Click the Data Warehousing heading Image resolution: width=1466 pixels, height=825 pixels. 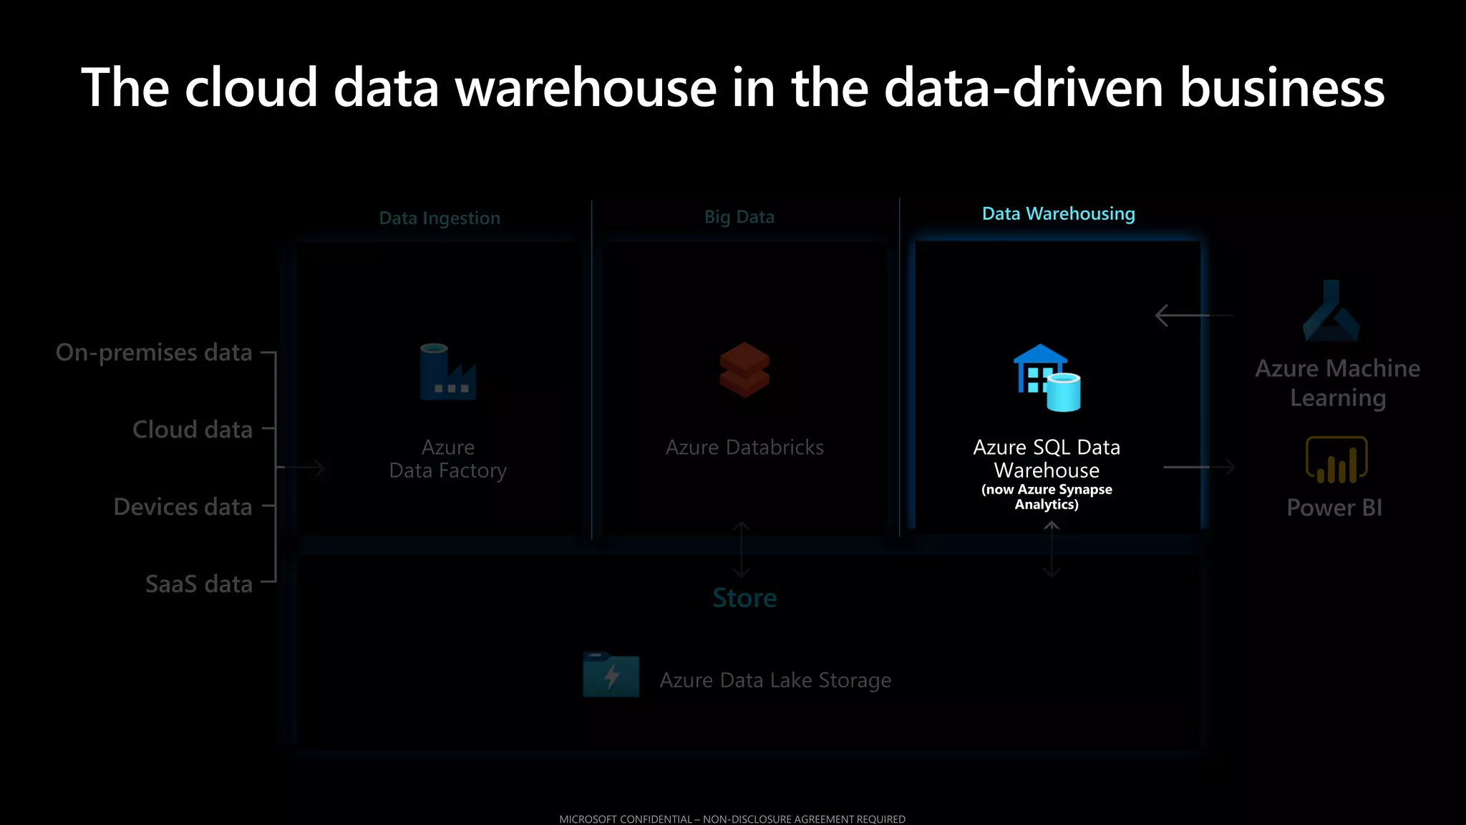tap(1058, 213)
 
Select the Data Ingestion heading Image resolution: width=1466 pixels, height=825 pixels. tap(440, 218)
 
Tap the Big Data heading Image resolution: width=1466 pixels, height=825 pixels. tap(739, 216)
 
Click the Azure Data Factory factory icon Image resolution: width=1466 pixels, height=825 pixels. tap(447, 372)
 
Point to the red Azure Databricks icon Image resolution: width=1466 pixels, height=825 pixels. tap(744, 370)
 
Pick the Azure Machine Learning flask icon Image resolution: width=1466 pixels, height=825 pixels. tap(1331, 312)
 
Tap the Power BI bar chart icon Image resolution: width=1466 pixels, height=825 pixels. tap(1336, 460)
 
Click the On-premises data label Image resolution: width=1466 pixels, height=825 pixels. tap(154, 352)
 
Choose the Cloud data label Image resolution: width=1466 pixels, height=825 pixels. tap(193, 429)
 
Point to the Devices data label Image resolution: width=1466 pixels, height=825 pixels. tap(183, 506)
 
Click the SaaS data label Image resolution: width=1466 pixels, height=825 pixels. tap(199, 584)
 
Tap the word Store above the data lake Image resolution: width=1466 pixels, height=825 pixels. tap(744, 597)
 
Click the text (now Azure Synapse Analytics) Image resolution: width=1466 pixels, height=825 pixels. tap(1047, 496)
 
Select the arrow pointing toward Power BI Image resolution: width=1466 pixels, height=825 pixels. tap(1199, 467)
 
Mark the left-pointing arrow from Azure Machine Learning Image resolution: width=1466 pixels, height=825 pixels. tap(1193, 315)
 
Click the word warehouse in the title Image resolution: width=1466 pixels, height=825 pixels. tap(586, 87)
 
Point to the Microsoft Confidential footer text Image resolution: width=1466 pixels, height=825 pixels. tap(732, 819)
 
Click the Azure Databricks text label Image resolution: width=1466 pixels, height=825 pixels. tap(744, 447)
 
